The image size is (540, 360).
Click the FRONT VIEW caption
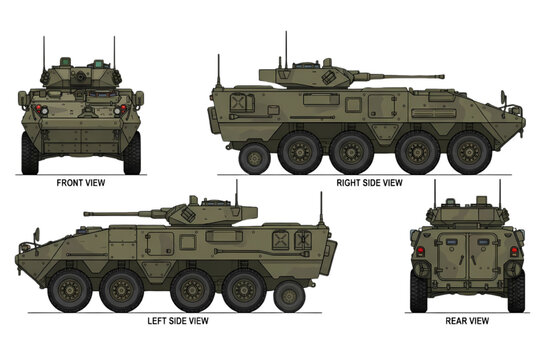pos(82,183)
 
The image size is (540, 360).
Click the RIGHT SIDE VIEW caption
pos(368,183)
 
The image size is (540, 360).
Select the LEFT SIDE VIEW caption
pos(178,320)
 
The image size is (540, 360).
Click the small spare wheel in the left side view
pos(287,295)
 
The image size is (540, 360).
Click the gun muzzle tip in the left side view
pos(87,213)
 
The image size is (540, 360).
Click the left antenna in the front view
pos(44,55)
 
